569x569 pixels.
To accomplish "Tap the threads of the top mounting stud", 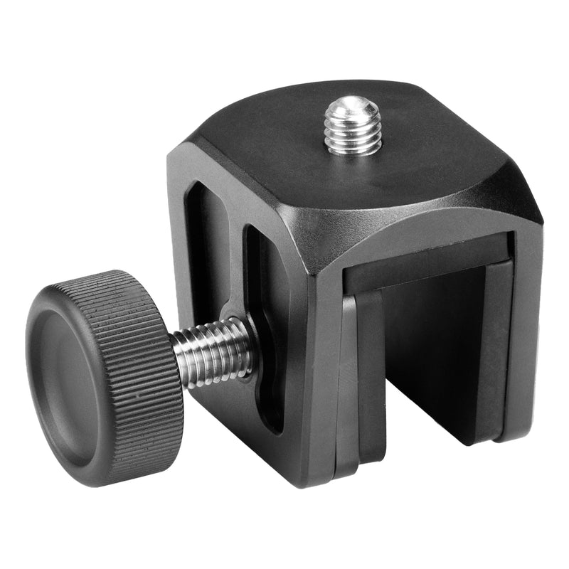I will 353,132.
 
